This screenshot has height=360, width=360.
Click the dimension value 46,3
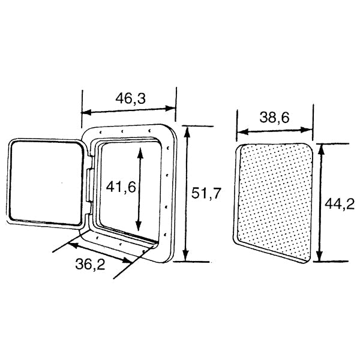coord(128,98)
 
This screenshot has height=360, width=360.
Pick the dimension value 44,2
coord(340,204)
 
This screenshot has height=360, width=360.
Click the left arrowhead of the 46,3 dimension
coord(84,112)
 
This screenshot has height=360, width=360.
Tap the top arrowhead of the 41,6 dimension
coord(140,150)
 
